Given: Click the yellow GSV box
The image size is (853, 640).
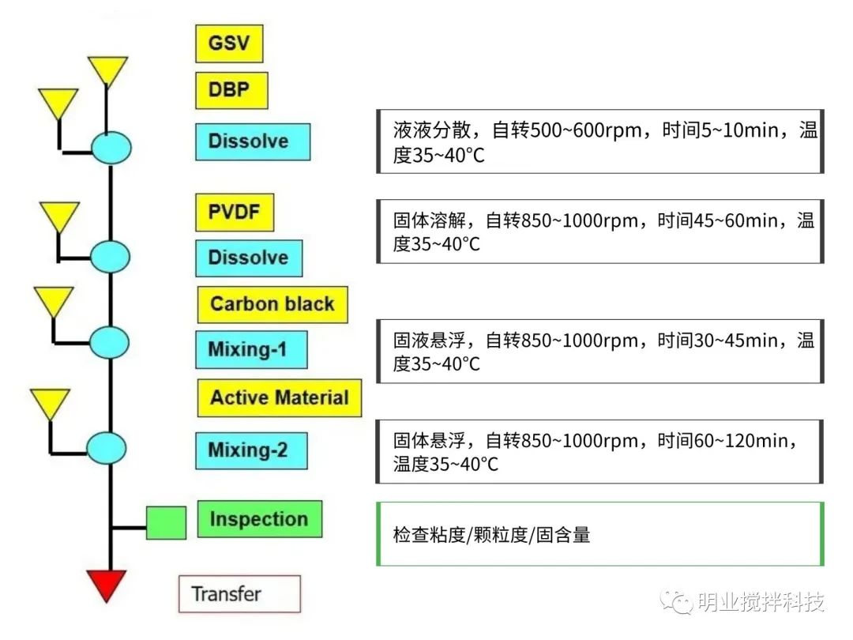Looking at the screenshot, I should (229, 43).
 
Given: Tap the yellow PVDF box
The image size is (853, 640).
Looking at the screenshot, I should (235, 213).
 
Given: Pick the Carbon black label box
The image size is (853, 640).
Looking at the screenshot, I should (272, 304).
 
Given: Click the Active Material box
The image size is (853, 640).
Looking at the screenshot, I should (279, 397).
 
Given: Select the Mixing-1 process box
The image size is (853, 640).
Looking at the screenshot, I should (251, 349).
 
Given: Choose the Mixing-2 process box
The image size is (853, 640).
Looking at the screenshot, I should (251, 450).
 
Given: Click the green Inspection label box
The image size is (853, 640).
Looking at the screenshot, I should (259, 519).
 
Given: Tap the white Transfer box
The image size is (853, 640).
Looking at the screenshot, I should (239, 594).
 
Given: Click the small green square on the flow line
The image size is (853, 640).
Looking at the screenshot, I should (167, 523).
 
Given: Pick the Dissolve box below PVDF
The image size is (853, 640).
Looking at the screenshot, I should (249, 258).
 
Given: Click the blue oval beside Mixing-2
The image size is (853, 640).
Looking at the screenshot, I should (106, 448).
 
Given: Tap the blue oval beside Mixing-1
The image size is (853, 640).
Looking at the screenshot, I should (109, 342).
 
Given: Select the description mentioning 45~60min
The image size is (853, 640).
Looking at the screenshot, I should (600, 232).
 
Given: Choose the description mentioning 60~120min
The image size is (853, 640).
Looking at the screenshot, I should (600, 451).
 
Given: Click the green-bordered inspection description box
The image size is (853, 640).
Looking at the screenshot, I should (600, 534).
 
